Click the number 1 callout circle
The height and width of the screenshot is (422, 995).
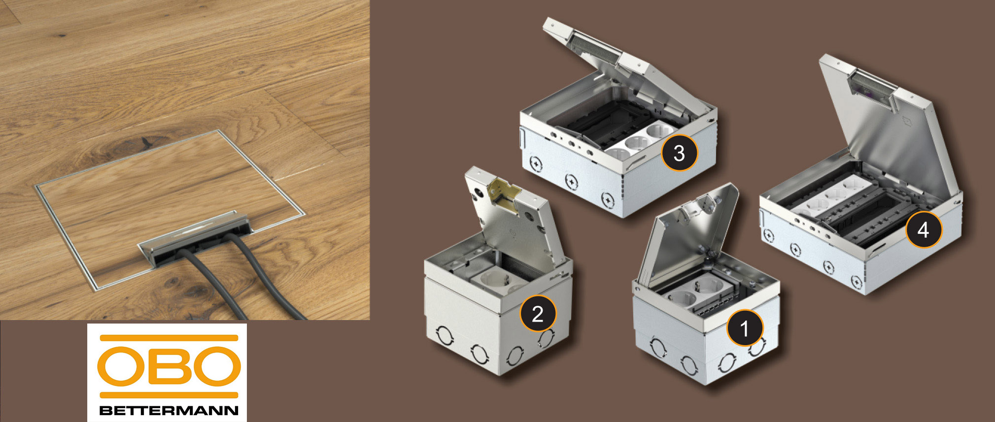coord(744,327)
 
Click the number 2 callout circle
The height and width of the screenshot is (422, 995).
coord(538,313)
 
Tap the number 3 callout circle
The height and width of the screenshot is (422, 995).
coord(679,152)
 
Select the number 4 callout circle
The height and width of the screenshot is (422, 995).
coord(923,229)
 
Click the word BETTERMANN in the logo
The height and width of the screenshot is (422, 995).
coord(169,410)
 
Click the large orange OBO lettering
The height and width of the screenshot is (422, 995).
coord(169,367)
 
